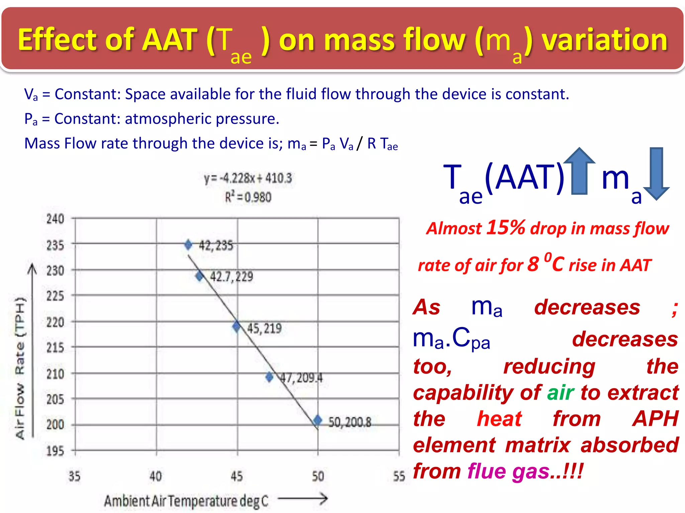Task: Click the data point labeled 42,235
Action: (188, 245)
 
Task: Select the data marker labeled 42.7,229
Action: (200, 276)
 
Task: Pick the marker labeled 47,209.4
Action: (269, 377)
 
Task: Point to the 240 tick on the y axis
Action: (55, 219)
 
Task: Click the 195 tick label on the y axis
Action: (55, 451)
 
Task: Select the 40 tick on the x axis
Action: (156, 476)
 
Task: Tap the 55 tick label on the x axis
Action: (399, 476)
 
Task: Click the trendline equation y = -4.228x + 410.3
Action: (248, 178)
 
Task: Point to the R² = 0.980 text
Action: (248, 197)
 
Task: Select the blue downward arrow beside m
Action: (656, 174)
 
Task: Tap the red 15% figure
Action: (506, 227)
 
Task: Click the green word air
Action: (561, 392)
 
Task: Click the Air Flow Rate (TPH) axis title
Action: (20, 367)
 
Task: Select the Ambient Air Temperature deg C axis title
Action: (186, 501)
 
